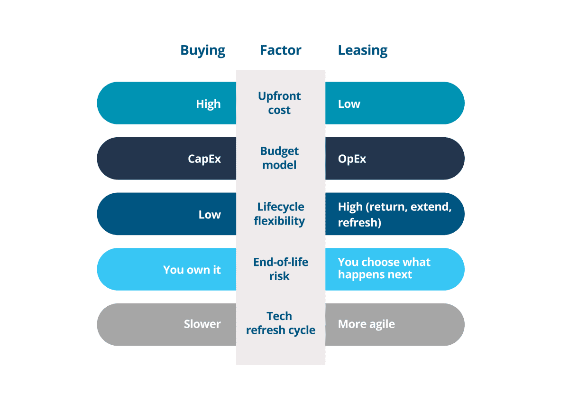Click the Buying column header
(203, 51)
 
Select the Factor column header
(281, 50)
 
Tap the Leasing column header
(362, 51)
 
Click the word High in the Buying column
(208, 104)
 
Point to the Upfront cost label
(279, 103)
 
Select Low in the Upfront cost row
(349, 104)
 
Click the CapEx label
(204, 159)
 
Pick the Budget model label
(279, 158)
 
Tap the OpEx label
(352, 159)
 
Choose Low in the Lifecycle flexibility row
(210, 215)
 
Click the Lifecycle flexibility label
(279, 214)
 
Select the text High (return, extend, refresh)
(395, 215)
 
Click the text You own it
(192, 270)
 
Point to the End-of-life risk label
(281, 269)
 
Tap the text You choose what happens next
(384, 268)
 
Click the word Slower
(202, 324)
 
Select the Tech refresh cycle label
(281, 323)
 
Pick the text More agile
(366, 324)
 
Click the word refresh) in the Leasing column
(359, 223)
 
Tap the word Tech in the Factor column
(279, 316)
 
